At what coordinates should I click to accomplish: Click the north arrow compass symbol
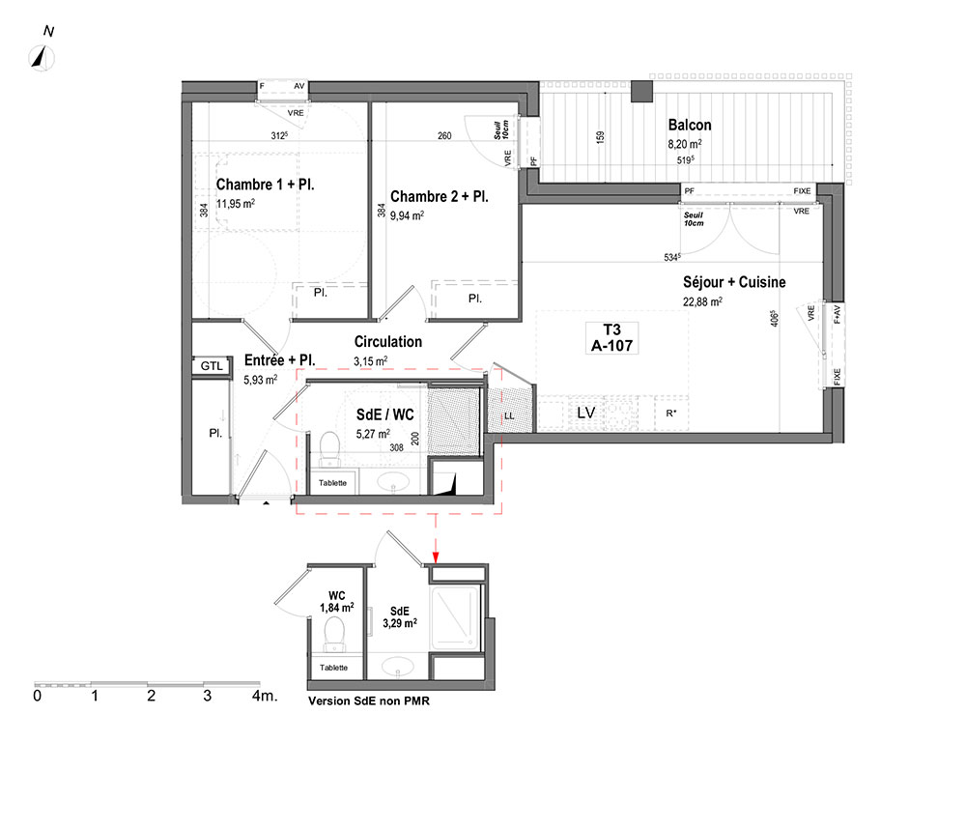pyautogui.click(x=42, y=58)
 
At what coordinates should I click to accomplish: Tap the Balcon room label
pyautogui.click(x=690, y=125)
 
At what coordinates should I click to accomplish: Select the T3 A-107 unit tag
pyautogui.click(x=611, y=338)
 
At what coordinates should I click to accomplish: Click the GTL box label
pyautogui.click(x=212, y=366)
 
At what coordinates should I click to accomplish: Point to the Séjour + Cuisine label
pyautogui.click(x=734, y=282)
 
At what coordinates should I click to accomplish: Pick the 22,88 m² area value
pyautogui.click(x=702, y=301)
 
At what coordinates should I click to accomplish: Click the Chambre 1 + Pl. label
pyautogui.click(x=265, y=185)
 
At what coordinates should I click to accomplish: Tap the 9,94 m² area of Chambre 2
pyautogui.click(x=407, y=215)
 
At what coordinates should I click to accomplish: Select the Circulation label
pyautogui.click(x=388, y=342)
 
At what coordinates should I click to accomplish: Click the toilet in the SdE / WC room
pyautogui.click(x=329, y=449)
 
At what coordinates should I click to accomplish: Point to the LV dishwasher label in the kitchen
pyautogui.click(x=585, y=413)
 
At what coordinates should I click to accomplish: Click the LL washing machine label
pyautogui.click(x=509, y=415)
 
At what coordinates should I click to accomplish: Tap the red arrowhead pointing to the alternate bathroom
pyautogui.click(x=436, y=557)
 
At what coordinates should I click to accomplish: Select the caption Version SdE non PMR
pyautogui.click(x=369, y=701)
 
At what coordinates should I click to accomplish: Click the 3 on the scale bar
pyautogui.click(x=207, y=696)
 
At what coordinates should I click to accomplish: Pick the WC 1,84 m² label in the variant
pyautogui.click(x=336, y=602)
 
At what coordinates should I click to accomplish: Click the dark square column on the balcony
pyautogui.click(x=642, y=91)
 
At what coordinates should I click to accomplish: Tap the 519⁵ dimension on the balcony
pyautogui.click(x=685, y=159)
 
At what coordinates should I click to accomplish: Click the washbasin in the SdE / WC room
pyautogui.click(x=392, y=481)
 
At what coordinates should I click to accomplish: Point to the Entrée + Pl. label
pyautogui.click(x=280, y=360)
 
